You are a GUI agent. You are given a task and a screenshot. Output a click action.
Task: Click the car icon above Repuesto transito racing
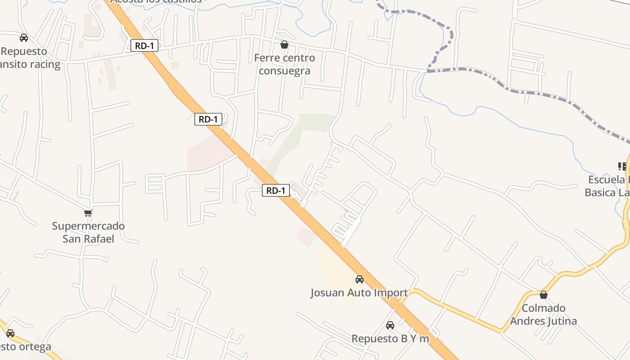(24, 38)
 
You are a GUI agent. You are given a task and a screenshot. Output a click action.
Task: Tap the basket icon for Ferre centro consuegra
(284, 45)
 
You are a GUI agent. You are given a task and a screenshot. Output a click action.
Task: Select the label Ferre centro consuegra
(284, 64)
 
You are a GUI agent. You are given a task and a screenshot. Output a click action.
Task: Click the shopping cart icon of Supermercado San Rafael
(88, 213)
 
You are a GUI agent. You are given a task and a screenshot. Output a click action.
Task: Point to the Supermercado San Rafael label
(88, 232)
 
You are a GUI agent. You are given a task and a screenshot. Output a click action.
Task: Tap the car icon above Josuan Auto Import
(359, 279)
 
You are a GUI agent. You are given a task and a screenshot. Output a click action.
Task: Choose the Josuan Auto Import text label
(359, 293)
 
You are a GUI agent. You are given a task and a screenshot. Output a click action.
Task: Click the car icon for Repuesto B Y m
(390, 325)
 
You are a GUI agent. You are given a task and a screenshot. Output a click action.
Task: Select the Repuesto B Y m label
(390, 338)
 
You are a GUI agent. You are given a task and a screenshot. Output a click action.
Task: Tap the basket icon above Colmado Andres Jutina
(544, 295)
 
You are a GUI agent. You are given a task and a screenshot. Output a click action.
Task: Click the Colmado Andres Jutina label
(544, 315)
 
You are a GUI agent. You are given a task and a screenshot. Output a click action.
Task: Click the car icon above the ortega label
(10, 333)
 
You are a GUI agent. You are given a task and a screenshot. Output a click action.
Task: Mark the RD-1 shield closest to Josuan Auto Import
(276, 191)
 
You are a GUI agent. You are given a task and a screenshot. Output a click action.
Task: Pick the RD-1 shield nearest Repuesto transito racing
(144, 45)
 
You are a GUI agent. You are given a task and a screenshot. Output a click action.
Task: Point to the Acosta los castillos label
(156, 1)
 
